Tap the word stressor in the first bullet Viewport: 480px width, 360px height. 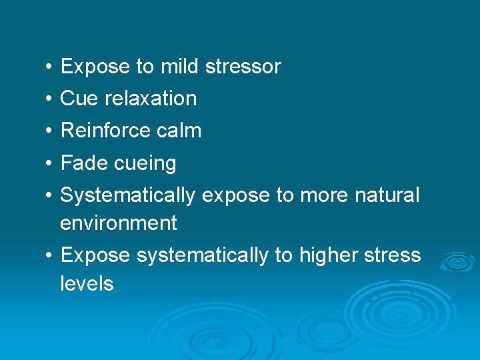[x=243, y=67]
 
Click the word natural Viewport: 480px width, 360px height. [x=387, y=195]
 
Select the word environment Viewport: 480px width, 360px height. [x=118, y=223]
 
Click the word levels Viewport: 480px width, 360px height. [x=87, y=284]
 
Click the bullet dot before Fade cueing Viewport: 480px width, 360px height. [x=50, y=163]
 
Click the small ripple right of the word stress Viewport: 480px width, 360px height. [x=456, y=261]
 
